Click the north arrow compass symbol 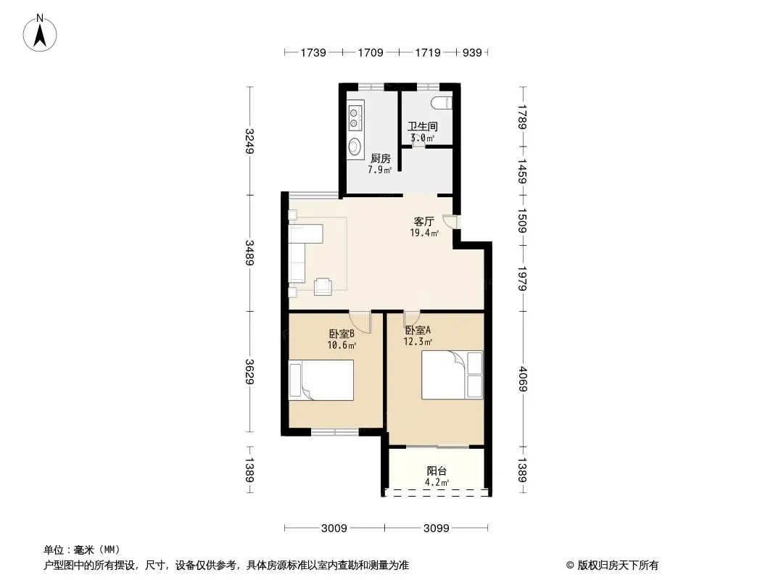point(40,33)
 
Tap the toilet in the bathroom point(441,103)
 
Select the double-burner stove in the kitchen point(355,118)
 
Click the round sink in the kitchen point(355,146)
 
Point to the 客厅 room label point(423,221)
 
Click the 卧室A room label point(418,330)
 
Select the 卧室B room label point(341,333)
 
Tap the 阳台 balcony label point(437,471)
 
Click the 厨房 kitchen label point(381,158)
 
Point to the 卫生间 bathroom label point(423,126)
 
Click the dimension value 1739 point(313,53)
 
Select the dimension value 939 point(472,53)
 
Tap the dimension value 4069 point(522,379)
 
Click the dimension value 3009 point(334,529)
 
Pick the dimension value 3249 point(249,141)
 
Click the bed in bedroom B point(321,380)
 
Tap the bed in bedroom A point(452,375)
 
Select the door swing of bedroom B point(360,323)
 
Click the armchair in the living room point(323,286)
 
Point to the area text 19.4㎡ point(424,233)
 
